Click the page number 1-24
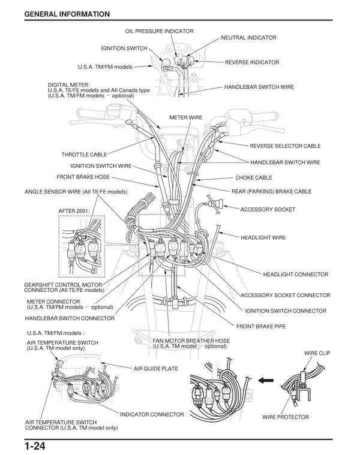coord(35,446)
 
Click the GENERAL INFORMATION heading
coord(67,14)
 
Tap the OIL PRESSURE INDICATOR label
coord(159,31)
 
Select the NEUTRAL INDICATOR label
coord(248,38)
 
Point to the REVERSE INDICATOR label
coord(252,62)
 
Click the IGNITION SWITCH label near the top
coord(124,49)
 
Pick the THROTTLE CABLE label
coord(84,155)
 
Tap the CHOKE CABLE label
coord(253,178)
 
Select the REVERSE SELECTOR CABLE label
coord(285,146)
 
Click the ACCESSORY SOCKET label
coord(268,210)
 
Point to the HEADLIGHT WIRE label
coord(263,237)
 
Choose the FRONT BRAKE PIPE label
coord(260,327)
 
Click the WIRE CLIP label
coord(317,354)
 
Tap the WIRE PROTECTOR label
coord(286,417)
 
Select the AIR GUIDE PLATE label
coord(156,369)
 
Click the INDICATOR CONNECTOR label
coord(152,414)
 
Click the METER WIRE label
coord(186,117)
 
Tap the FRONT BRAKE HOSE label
coord(83,177)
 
